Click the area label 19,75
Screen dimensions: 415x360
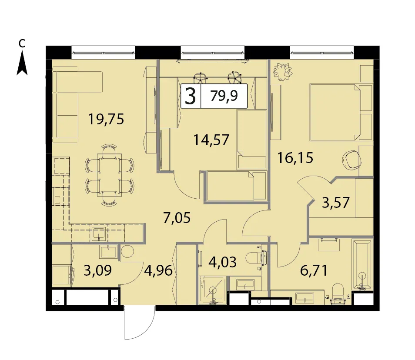pos(106,119)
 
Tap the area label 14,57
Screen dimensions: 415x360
pos(211,140)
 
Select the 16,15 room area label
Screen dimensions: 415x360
pos(295,158)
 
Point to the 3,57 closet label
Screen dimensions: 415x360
pos(335,202)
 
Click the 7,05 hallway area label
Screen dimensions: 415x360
pos(177,218)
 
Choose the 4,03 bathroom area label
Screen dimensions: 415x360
pos(223,262)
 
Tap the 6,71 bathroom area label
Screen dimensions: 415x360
pos(314,270)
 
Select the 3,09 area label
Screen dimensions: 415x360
pos(97,270)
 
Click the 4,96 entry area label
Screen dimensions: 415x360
pos(158,270)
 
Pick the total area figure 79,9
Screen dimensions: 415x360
pos(224,96)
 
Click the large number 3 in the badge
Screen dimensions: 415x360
pos(190,96)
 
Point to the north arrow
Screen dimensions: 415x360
pos(22,63)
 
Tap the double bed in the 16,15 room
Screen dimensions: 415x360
pos(335,112)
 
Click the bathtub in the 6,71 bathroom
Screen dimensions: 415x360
pos(362,264)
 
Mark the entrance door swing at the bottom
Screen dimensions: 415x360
pos(140,322)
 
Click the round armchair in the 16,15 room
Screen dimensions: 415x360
pos(352,160)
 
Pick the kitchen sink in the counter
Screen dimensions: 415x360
pos(99,233)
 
